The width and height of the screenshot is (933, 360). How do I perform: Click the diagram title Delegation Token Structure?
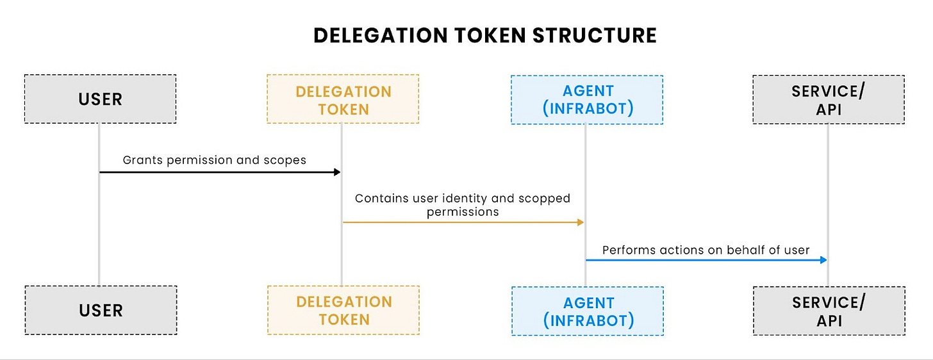(485, 36)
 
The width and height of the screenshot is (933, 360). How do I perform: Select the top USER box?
(100, 99)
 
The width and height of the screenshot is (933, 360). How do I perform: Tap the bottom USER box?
(101, 311)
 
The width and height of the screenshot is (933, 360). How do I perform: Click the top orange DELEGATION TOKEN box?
(343, 99)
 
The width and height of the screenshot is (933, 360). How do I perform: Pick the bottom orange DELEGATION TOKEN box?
(343, 311)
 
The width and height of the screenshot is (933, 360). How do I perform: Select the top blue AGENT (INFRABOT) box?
(587, 99)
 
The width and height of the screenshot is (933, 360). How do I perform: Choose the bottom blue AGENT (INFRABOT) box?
(588, 311)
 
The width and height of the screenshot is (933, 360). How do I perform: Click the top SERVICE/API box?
(829, 99)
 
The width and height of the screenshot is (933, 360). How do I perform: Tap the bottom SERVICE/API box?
(829, 311)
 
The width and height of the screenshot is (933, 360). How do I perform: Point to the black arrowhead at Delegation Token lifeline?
(336, 172)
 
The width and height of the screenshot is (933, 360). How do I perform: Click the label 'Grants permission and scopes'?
(215, 160)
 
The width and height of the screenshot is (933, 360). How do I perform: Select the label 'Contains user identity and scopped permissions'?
(462, 204)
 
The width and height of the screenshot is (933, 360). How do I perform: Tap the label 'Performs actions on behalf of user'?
(706, 250)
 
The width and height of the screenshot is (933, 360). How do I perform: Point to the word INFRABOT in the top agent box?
(588, 108)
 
